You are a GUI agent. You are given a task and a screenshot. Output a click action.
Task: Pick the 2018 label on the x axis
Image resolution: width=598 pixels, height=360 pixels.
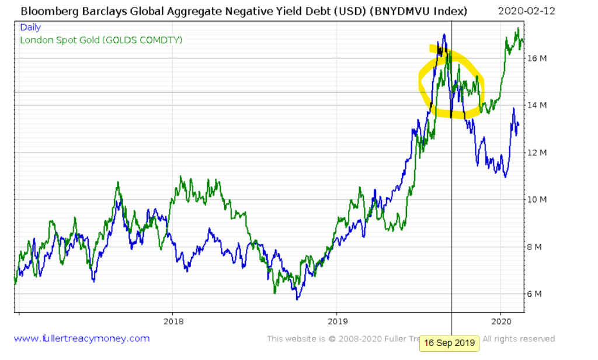(x=173, y=321)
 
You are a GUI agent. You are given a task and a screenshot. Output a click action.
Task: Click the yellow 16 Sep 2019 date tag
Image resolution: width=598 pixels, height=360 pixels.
(x=450, y=343)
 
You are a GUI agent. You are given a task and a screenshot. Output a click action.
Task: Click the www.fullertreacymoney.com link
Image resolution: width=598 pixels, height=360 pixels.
(x=82, y=338)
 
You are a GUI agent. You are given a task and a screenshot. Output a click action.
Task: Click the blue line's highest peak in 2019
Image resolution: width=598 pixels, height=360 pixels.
(x=445, y=35)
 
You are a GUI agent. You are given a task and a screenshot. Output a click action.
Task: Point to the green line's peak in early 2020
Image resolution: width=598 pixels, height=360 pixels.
(x=517, y=29)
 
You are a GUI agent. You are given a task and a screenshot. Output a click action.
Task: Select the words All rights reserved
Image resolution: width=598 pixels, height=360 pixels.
(x=519, y=338)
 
